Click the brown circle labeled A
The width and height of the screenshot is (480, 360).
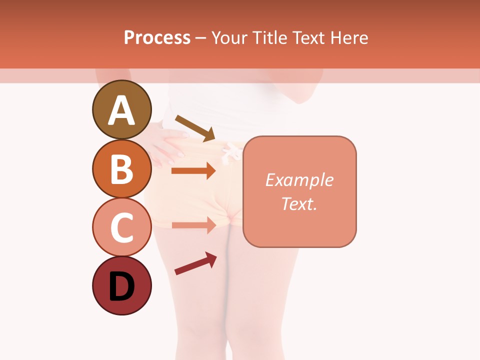click(121, 109)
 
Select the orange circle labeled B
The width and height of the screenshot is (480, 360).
click(121, 168)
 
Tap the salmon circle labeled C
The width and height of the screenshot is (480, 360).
click(121, 227)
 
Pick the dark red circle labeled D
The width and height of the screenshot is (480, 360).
click(121, 285)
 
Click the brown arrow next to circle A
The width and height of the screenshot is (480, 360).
click(195, 127)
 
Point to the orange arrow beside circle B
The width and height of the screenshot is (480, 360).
click(193, 171)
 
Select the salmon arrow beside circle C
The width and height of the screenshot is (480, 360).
click(193, 225)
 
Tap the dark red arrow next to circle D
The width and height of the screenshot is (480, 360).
click(195, 263)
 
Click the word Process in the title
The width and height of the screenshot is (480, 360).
click(157, 37)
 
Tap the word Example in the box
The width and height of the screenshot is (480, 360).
click(299, 180)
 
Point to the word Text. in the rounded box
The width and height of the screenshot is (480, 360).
click(299, 203)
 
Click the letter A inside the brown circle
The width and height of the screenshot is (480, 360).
click(121, 110)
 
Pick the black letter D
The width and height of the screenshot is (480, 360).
click(121, 286)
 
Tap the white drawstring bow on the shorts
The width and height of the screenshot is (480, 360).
click(229, 151)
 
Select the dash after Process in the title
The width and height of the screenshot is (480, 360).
click(200, 38)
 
